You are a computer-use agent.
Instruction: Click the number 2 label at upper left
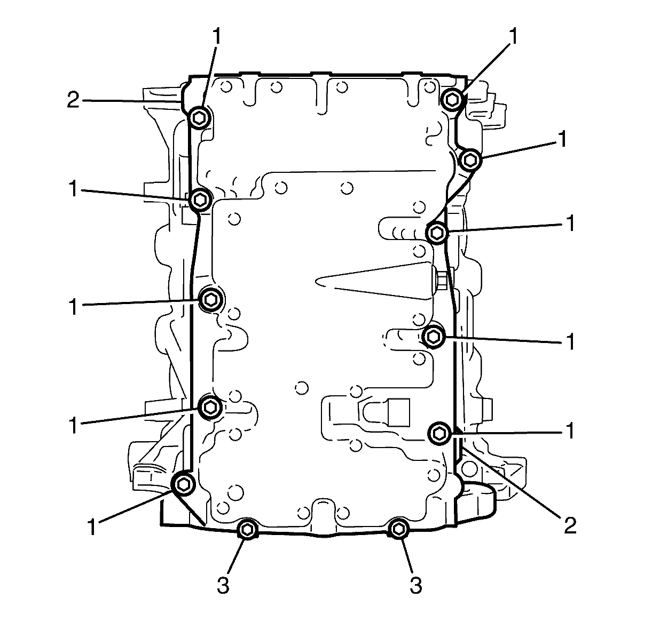pos(73,99)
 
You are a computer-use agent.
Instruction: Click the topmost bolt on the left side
pos(200,117)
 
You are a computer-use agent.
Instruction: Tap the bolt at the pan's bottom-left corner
pos(183,483)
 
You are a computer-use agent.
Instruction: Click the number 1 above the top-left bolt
pos(217,36)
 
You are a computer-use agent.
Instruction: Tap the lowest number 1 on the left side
pos(92,527)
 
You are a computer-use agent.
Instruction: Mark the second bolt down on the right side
pos(471,160)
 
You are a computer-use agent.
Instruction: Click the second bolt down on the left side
pos(200,200)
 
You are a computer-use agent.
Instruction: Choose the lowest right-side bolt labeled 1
pos(439,434)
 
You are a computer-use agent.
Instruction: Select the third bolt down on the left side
pos(210,300)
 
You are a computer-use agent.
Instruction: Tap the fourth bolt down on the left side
pos(210,407)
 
